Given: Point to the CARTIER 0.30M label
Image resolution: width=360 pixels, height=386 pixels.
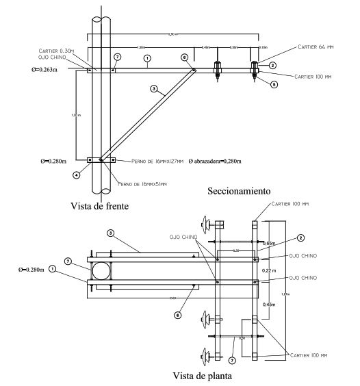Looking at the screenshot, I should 58,49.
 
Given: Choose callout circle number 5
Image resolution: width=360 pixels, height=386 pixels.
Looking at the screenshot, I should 274,84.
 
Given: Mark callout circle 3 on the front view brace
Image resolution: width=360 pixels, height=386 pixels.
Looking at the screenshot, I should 153,89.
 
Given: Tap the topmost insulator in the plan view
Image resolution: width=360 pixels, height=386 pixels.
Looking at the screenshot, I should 206,223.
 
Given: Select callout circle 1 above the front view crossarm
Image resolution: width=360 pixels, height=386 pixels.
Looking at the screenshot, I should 148,58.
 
